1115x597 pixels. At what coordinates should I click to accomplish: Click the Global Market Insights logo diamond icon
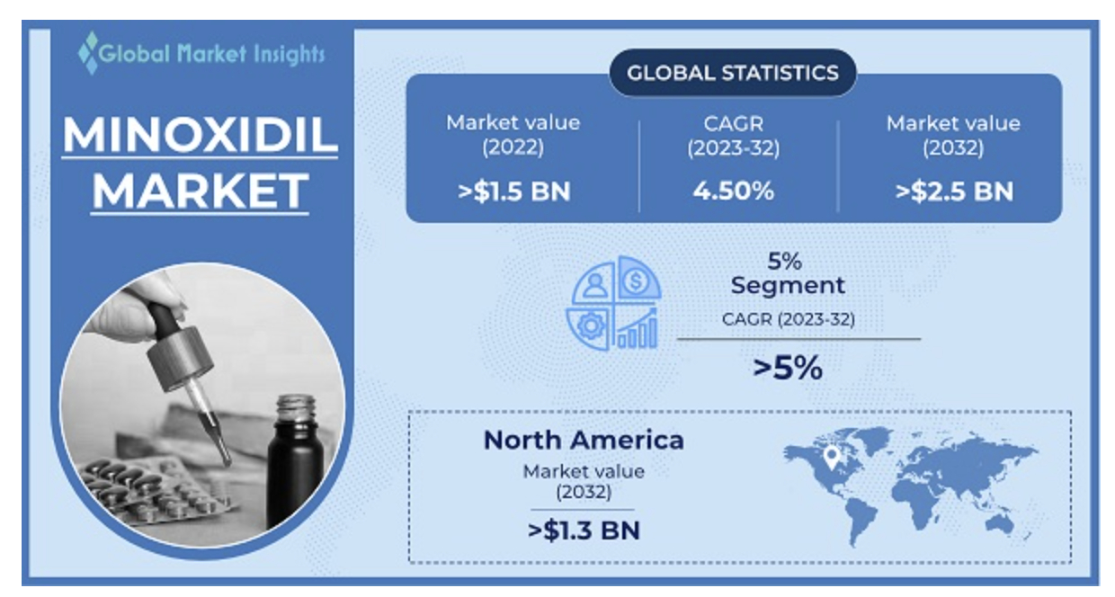tap(88, 52)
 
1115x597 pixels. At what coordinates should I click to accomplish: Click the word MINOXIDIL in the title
tap(200, 136)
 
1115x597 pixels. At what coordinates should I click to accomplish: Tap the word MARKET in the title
tap(200, 191)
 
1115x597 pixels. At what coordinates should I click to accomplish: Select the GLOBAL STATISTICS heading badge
tap(732, 73)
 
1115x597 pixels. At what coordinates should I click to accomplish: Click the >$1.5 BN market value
tap(513, 192)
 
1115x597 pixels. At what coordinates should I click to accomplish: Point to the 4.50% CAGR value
tap(733, 192)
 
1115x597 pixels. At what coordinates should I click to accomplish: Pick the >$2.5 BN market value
tap(952, 192)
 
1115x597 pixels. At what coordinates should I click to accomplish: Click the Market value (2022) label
tap(513, 135)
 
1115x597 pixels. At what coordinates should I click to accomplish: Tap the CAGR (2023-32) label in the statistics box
tap(733, 135)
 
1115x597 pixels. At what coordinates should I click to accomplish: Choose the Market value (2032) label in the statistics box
tap(953, 135)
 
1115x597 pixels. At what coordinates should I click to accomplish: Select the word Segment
tap(787, 286)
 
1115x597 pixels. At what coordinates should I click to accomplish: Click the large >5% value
tap(787, 367)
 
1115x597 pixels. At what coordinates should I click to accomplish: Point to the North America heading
tap(584, 440)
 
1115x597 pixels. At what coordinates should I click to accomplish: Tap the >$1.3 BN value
tap(584, 530)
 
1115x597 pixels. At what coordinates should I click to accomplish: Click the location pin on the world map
tap(834, 457)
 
